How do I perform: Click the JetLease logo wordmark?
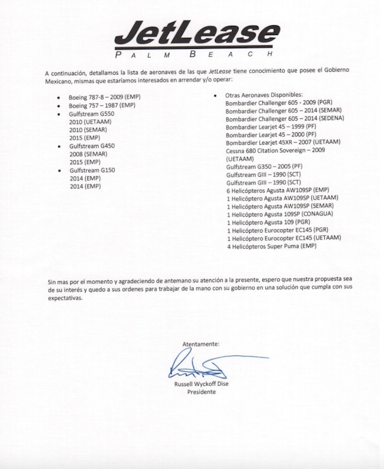197,34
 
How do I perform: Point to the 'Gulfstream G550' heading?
91,113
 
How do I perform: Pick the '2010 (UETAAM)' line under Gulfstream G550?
91,121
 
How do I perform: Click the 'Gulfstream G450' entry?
92,146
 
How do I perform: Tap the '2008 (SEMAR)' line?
88,154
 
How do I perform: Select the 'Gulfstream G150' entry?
92,171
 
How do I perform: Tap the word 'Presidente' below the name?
201,392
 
